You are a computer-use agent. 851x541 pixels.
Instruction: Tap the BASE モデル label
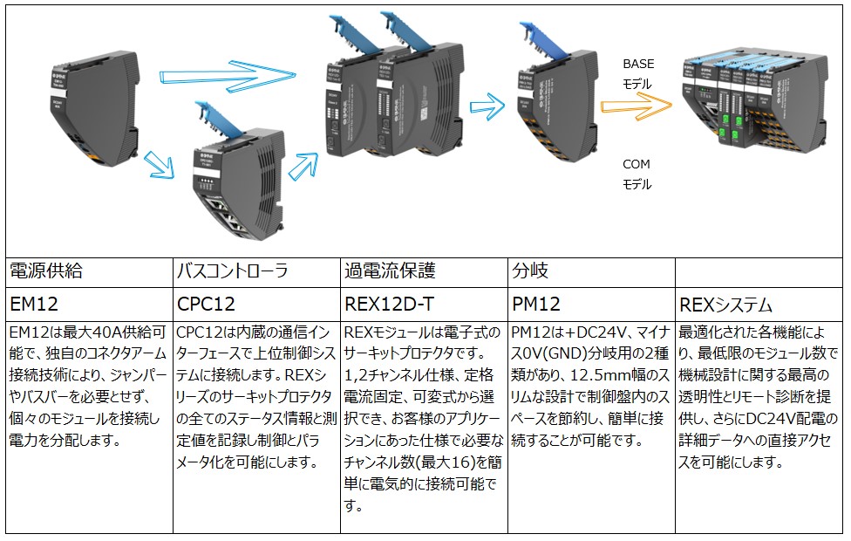(637, 74)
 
